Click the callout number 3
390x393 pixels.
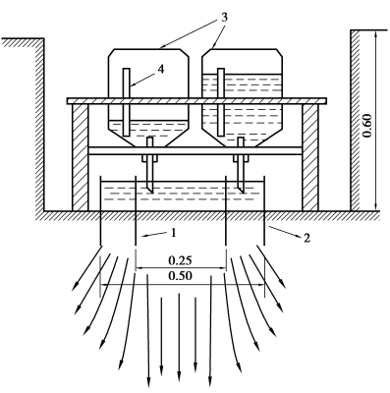tap(224, 18)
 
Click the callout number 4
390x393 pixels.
tap(161, 70)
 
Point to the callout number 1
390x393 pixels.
tap(174, 233)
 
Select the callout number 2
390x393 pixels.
tap(306, 238)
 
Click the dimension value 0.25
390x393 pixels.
tap(180, 260)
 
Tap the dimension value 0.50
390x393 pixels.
tap(180, 276)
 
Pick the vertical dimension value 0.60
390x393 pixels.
tap(367, 126)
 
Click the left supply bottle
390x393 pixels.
tap(148, 97)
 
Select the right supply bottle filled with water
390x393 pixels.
tap(242, 97)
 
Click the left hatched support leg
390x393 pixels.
tap(81, 157)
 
